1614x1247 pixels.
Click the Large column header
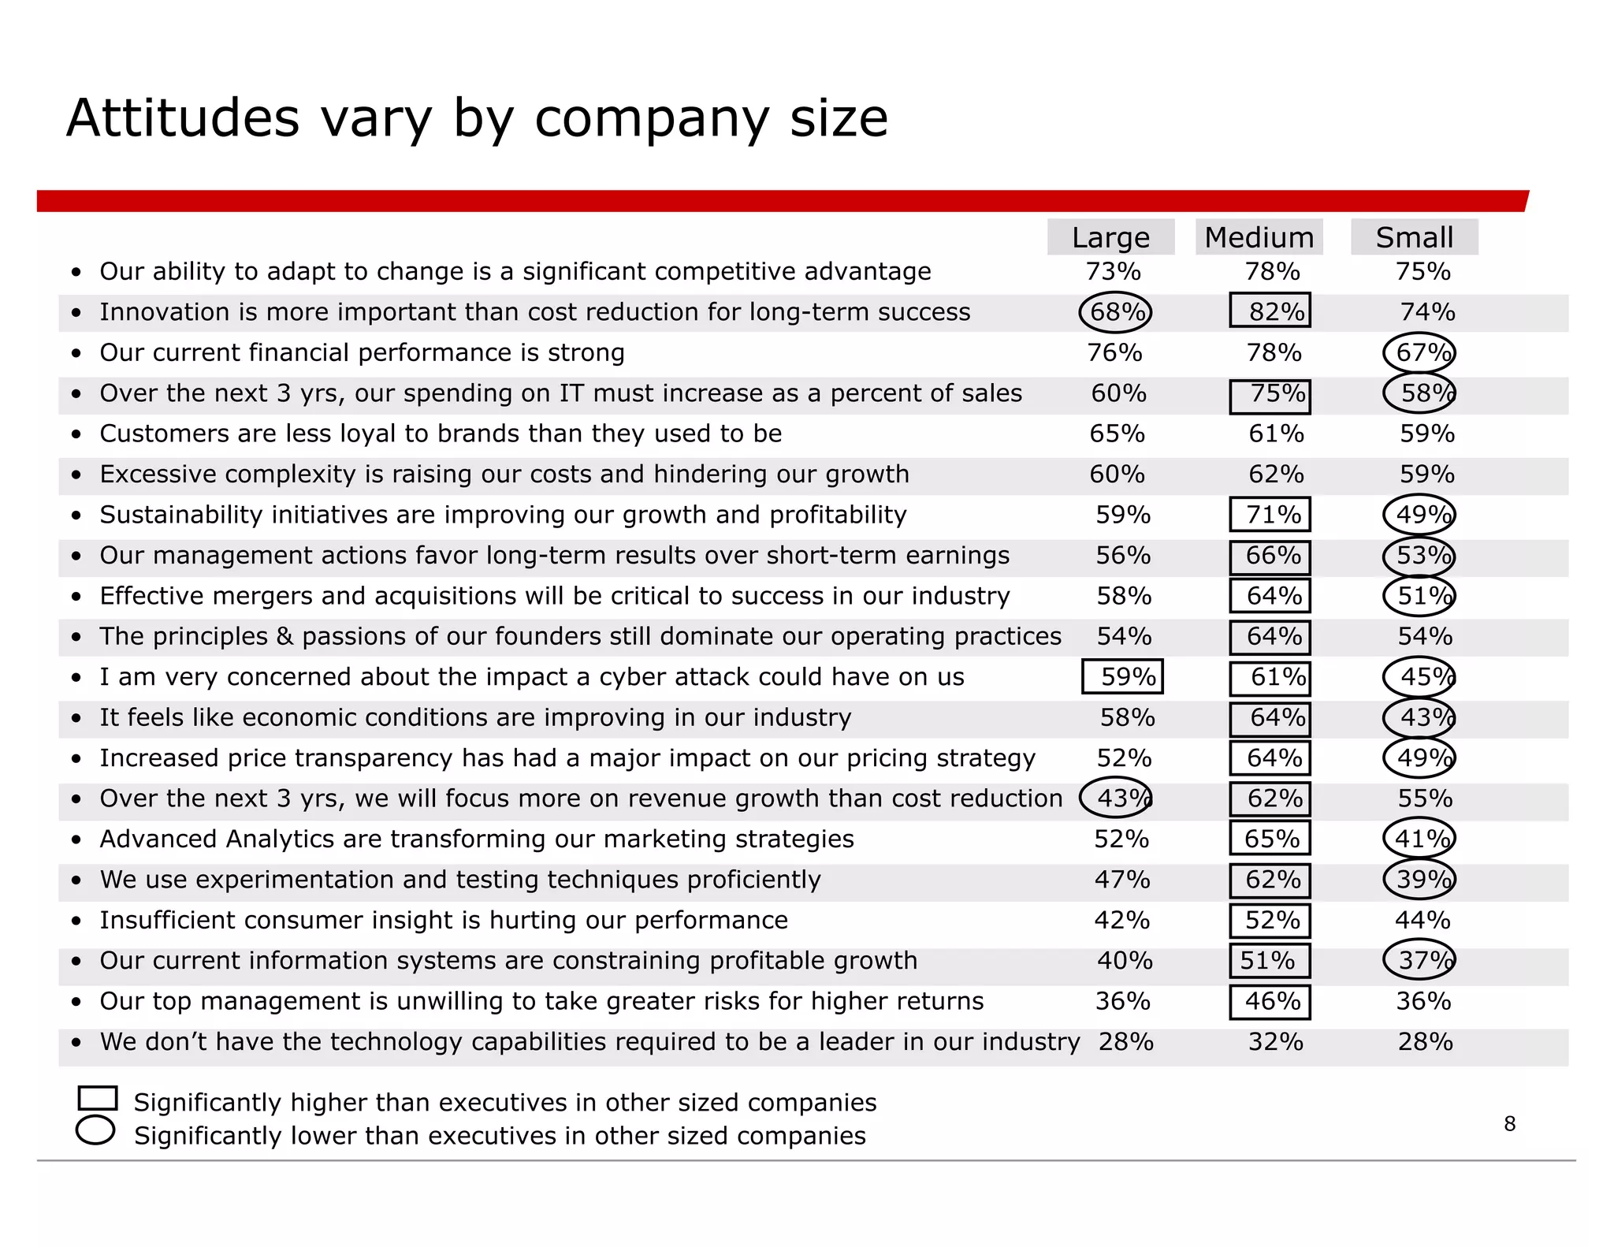tap(1110, 237)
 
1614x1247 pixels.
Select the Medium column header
tap(1259, 237)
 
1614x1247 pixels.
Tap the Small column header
tap(1414, 237)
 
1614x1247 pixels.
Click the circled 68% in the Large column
tap(1115, 312)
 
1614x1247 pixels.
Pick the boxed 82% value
tap(1270, 311)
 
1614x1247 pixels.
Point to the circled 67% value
tap(1419, 352)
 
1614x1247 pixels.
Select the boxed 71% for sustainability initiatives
tap(1270, 515)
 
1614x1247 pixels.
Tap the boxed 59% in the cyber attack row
tap(1122, 676)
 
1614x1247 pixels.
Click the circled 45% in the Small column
tap(1419, 676)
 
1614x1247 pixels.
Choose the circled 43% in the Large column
tap(1115, 798)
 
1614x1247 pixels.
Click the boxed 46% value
tap(1270, 1002)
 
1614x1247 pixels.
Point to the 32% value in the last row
tap(1275, 1042)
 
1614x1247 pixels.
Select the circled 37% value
tap(1419, 960)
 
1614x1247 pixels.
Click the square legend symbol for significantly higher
tap(98, 1098)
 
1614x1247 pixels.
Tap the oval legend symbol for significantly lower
tap(95, 1130)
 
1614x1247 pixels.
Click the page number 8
tap(1509, 1124)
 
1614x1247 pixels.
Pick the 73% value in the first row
tap(1113, 271)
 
